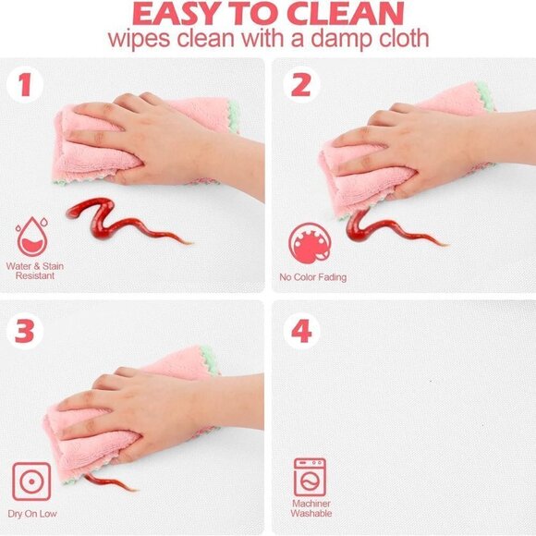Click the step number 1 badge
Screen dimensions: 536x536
(x=25, y=84)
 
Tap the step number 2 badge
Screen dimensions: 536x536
(x=301, y=84)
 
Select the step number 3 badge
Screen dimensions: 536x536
(x=25, y=331)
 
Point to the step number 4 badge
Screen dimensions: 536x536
(x=301, y=331)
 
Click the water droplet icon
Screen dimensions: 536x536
(x=31, y=237)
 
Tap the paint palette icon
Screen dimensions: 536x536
(x=310, y=243)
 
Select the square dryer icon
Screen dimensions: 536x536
(x=31, y=481)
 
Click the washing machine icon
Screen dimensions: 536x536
(x=310, y=478)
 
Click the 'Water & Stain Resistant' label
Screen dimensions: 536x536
(x=35, y=271)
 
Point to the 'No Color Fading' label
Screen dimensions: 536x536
(x=312, y=277)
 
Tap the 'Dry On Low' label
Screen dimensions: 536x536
(x=32, y=514)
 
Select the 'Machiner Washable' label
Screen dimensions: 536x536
(x=311, y=508)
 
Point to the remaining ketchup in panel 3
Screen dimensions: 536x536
(x=109, y=482)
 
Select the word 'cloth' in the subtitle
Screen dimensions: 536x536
(x=404, y=38)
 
